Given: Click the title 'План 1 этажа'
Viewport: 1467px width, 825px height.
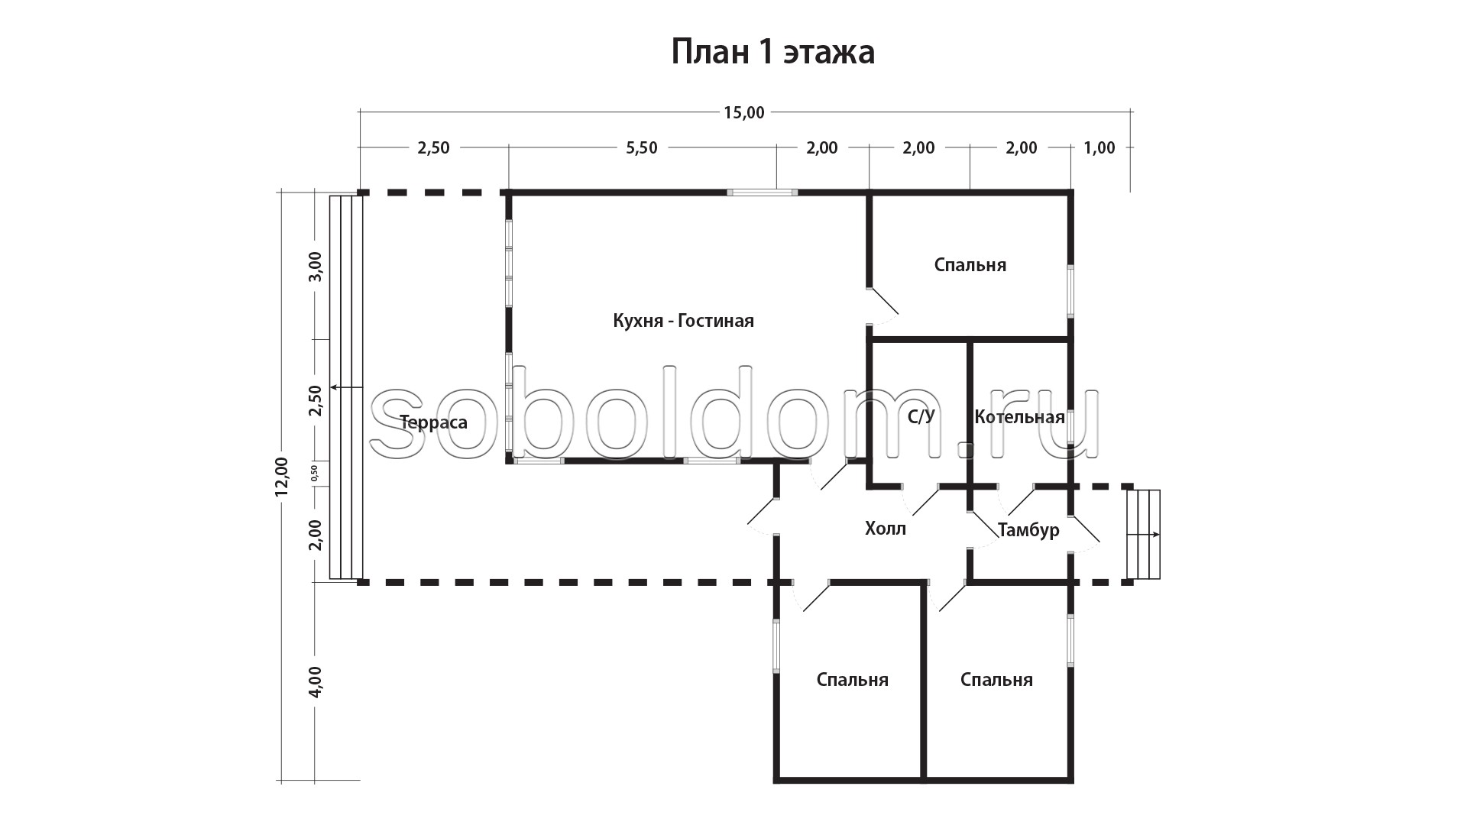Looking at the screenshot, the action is [772, 53].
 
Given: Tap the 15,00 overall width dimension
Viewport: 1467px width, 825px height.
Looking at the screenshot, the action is [744, 113].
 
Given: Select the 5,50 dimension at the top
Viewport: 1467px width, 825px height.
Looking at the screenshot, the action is [642, 148].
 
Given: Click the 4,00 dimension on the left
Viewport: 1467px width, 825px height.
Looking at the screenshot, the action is [316, 681].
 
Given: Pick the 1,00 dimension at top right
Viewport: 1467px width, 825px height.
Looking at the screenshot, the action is [1099, 148].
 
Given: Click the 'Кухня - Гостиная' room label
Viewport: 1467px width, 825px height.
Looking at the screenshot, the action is [683, 321].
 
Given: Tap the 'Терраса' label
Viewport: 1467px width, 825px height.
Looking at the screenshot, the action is [433, 422].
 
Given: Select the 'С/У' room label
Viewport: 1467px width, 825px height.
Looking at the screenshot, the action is [921, 417].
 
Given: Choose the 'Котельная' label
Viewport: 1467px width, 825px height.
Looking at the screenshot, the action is [1019, 417].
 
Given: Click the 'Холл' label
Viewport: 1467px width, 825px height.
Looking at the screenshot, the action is [886, 528].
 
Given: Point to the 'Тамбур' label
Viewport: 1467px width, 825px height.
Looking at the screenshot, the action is [1028, 530].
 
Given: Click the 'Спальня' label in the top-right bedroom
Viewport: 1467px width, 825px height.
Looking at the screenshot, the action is [970, 265].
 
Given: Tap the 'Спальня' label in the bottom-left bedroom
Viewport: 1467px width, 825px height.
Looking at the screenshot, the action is [852, 680].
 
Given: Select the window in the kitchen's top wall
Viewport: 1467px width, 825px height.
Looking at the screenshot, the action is [762, 192].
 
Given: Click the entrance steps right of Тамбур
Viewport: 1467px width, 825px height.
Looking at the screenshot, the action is [1143, 535].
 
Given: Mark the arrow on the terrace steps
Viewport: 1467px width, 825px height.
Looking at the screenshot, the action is [346, 388].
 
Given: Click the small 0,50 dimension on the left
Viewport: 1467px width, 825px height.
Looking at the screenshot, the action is [315, 474].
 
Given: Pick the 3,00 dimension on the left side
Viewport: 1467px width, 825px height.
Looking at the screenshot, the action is [316, 267].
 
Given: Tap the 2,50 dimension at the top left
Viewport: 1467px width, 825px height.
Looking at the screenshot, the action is [433, 148].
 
